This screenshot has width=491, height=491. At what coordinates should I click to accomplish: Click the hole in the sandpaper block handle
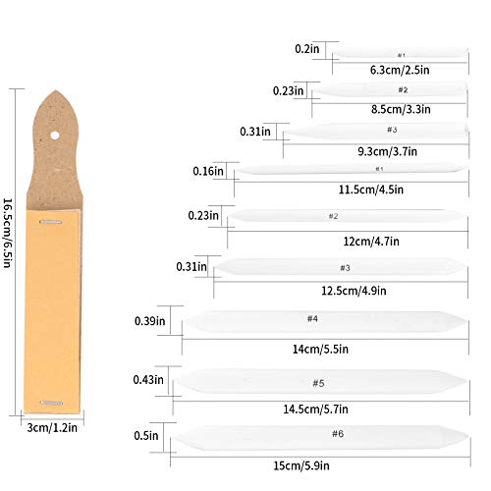click(55, 136)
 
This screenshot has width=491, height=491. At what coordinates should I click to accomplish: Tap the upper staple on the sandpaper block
click(51, 222)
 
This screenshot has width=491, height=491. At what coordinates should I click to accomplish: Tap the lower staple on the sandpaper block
click(51, 403)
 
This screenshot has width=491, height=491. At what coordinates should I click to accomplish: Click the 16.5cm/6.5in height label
click(8, 233)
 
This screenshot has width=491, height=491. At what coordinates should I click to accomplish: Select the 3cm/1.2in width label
click(52, 427)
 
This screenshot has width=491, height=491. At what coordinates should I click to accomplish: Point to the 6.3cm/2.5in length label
click(400, 70)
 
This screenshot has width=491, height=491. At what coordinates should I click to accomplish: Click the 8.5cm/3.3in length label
click(401, 109)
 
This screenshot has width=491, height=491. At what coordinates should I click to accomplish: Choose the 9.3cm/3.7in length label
click(387, 151)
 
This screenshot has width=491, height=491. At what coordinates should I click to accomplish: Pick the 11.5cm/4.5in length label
click(371, 190)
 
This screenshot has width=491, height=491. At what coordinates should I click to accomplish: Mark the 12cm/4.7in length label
click(371, 242)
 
